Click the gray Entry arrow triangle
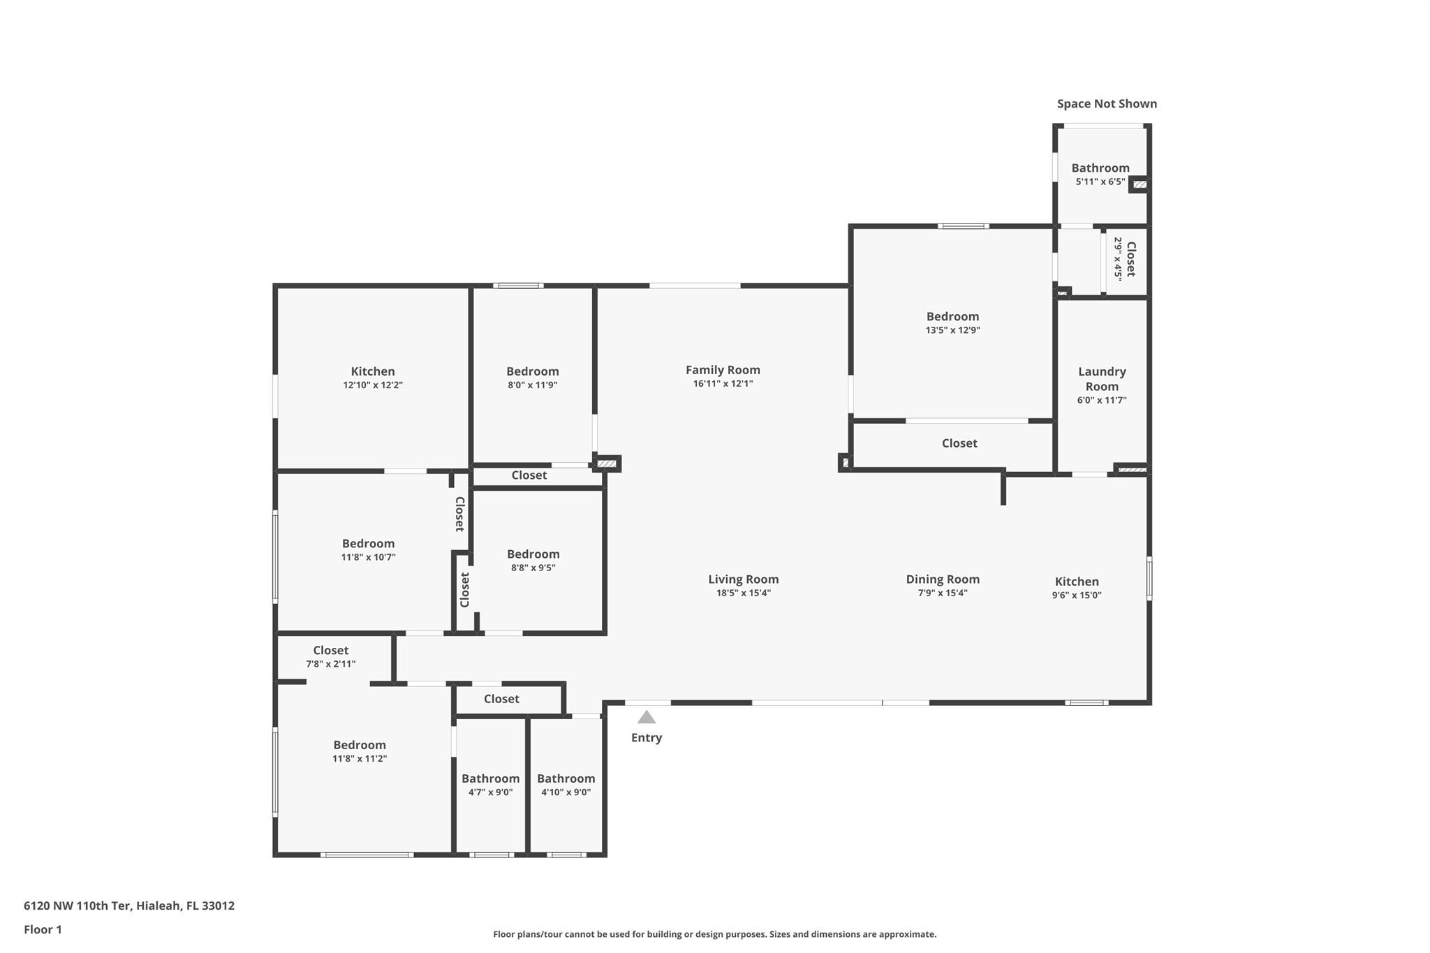tap(646, 718)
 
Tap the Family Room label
tap(723, 370)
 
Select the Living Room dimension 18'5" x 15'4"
tap(743, 593)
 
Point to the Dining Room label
tap(943, 579)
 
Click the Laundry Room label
tap(1102, 379)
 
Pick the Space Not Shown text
tap(1107, 104)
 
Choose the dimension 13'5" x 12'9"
tap(952, 330)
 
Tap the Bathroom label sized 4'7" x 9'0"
tap(490, 778)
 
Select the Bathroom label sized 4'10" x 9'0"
tap(566, 778)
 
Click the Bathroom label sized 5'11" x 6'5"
tap(1100, 168)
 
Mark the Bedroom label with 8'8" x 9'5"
tap(533, 554)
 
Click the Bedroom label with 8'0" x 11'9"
tap(532, 371)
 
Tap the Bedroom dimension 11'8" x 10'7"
tap(368, 557)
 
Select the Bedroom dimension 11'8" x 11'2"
tap(360, 759)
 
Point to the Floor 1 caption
tap(43, 929)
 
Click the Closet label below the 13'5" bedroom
tap(959, 443)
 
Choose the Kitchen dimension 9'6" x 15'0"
tap(1077, 596)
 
